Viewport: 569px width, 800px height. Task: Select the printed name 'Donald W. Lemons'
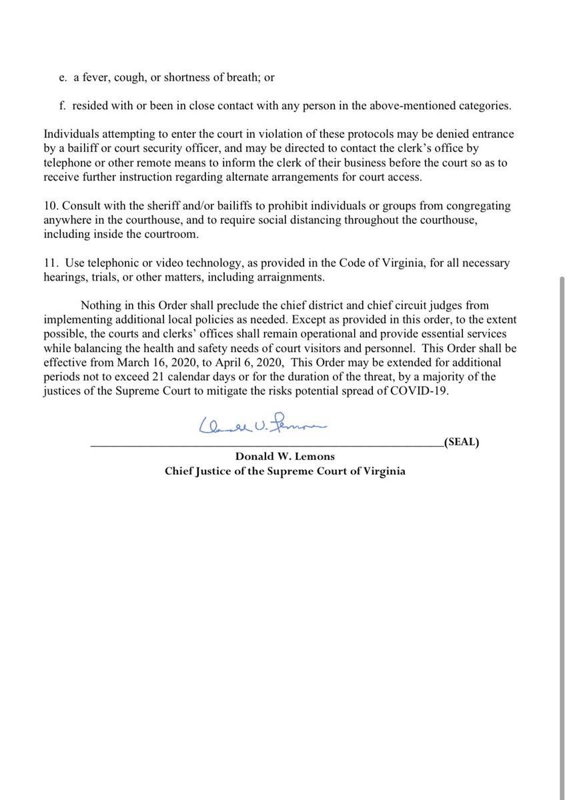tap(285, 456)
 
